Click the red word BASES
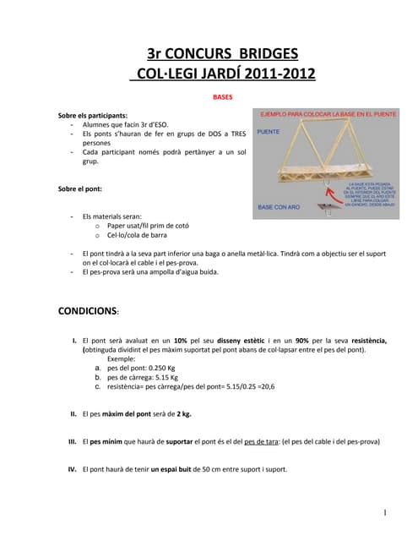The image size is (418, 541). pyautogui.click(x=222, y=97)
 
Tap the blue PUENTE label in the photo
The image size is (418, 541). pyautogui.click(x=269, y=132)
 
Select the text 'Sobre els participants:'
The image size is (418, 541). pyautogui.click(x=93, y=114)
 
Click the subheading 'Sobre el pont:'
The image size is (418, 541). pyautogui.click(x=79, y=189)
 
